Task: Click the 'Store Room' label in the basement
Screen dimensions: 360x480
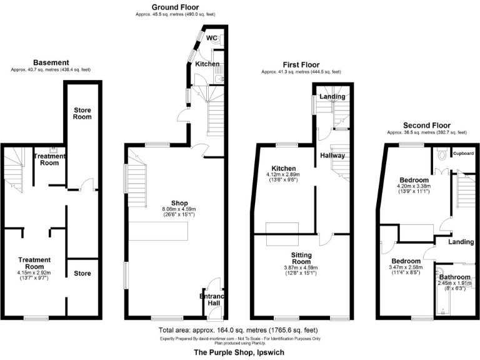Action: [82, 113]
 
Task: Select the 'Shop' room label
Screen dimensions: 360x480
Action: [144, 202]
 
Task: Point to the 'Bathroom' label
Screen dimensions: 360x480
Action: [454, 277]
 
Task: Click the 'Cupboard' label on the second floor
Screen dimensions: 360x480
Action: [463, 153]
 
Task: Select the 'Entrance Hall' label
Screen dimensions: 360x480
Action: [211, 299]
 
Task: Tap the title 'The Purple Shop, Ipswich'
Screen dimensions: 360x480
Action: [239, 352]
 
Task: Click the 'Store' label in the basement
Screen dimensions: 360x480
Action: [82, 273]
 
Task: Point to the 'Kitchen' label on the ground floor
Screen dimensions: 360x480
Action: [207, 64]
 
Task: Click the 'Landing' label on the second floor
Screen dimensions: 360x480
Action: [461, 242]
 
